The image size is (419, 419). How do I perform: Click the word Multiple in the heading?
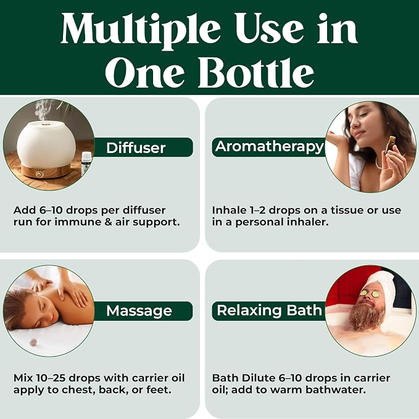(140, 30)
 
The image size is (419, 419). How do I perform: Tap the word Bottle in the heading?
(256, 72)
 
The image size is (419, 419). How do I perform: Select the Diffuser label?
(136, 147)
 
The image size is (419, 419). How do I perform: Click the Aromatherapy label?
(269, 147)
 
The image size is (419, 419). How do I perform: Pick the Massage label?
(139, 311)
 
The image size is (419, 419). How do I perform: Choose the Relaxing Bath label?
(269, 310)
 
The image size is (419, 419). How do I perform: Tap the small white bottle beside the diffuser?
(86, 162)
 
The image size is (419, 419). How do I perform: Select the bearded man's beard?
(367, 315)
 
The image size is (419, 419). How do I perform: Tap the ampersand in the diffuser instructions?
(108, 222)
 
